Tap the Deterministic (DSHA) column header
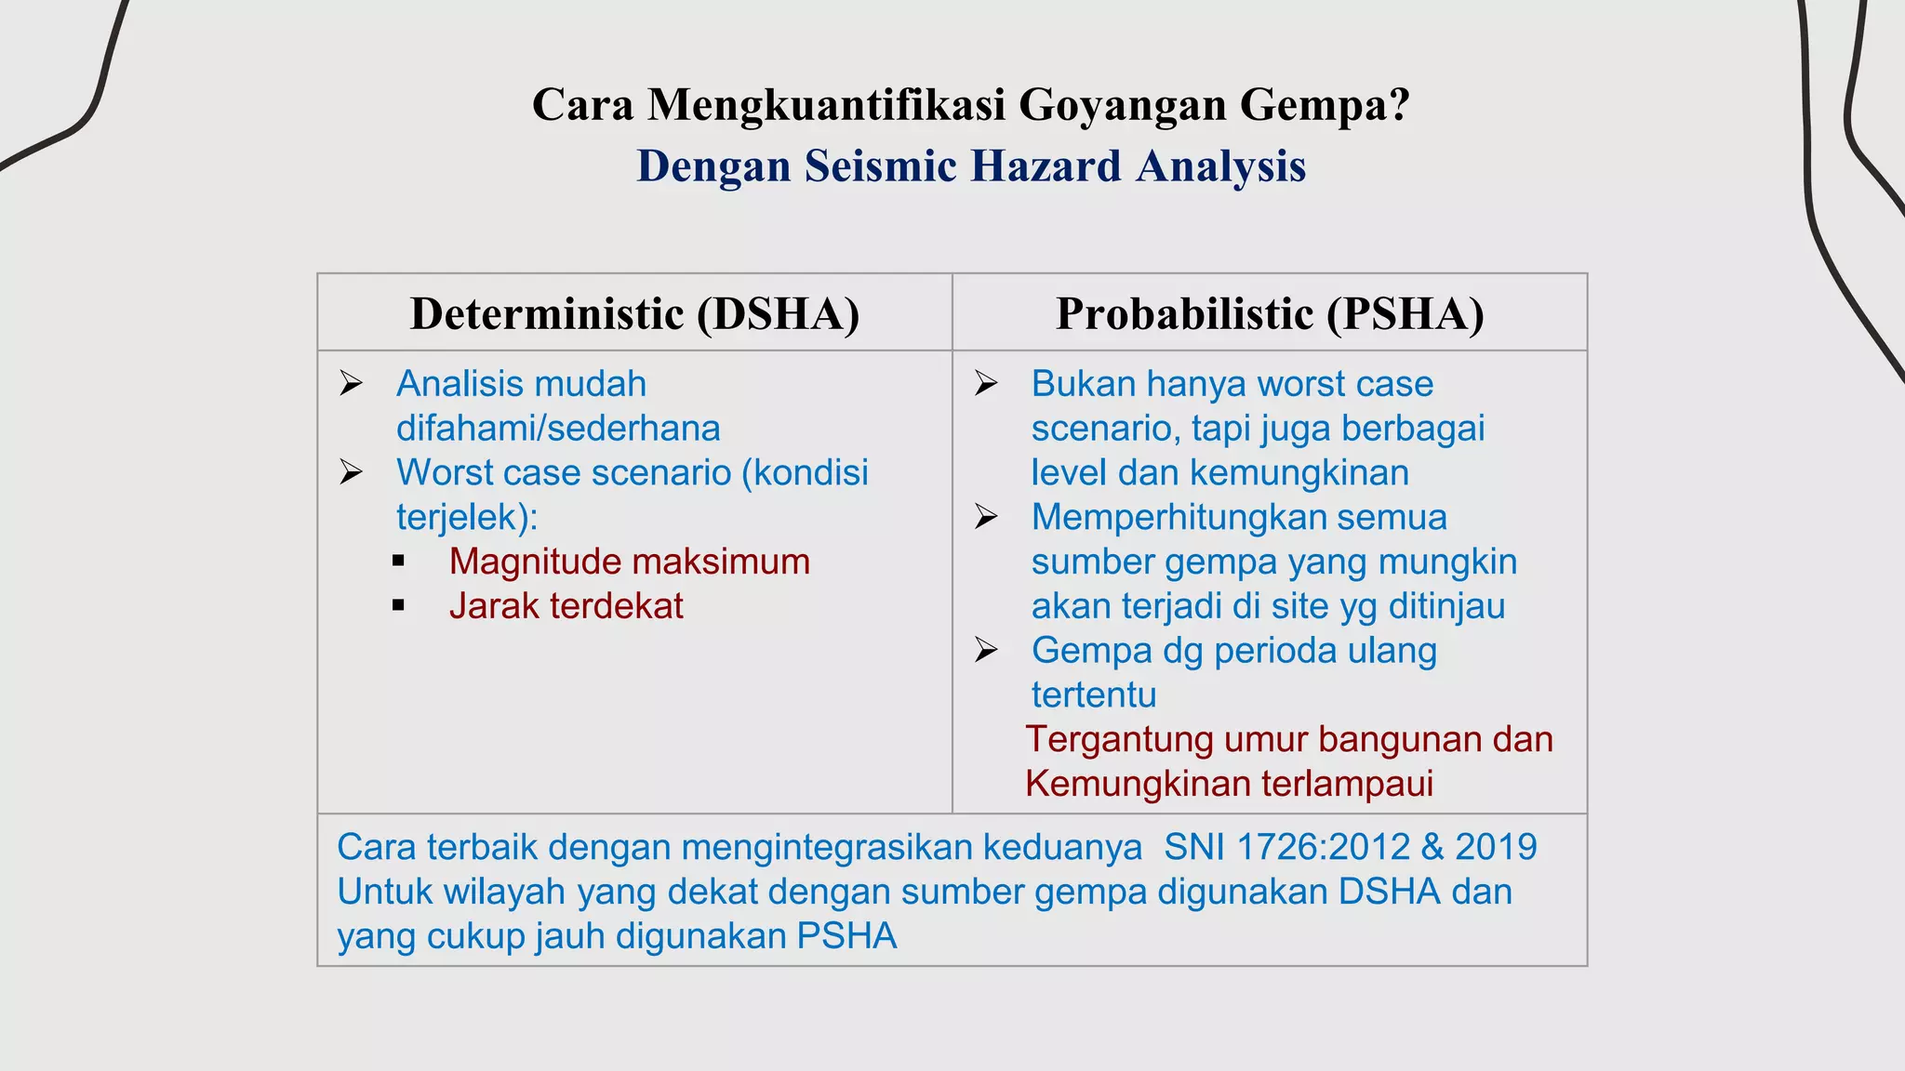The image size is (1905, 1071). (x=634, y=313)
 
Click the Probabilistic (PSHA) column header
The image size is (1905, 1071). (x=1270, y=313)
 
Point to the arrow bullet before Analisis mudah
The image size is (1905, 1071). (x=351, y=383)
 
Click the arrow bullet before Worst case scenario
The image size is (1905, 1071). (x=351, y=472)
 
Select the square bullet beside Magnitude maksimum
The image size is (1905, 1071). (x=399, y=562)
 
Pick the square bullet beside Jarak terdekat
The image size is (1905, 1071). (x=399, y=606)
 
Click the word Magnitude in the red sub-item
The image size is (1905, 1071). (x=534, y=562)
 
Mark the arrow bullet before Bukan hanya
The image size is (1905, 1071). (x=986, y=383)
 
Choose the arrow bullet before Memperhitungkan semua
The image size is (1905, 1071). (x=986, y=517)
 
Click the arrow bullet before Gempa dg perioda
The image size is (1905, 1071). (x=986, y=650)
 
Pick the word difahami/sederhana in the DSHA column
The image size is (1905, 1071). (x=558, y=429)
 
